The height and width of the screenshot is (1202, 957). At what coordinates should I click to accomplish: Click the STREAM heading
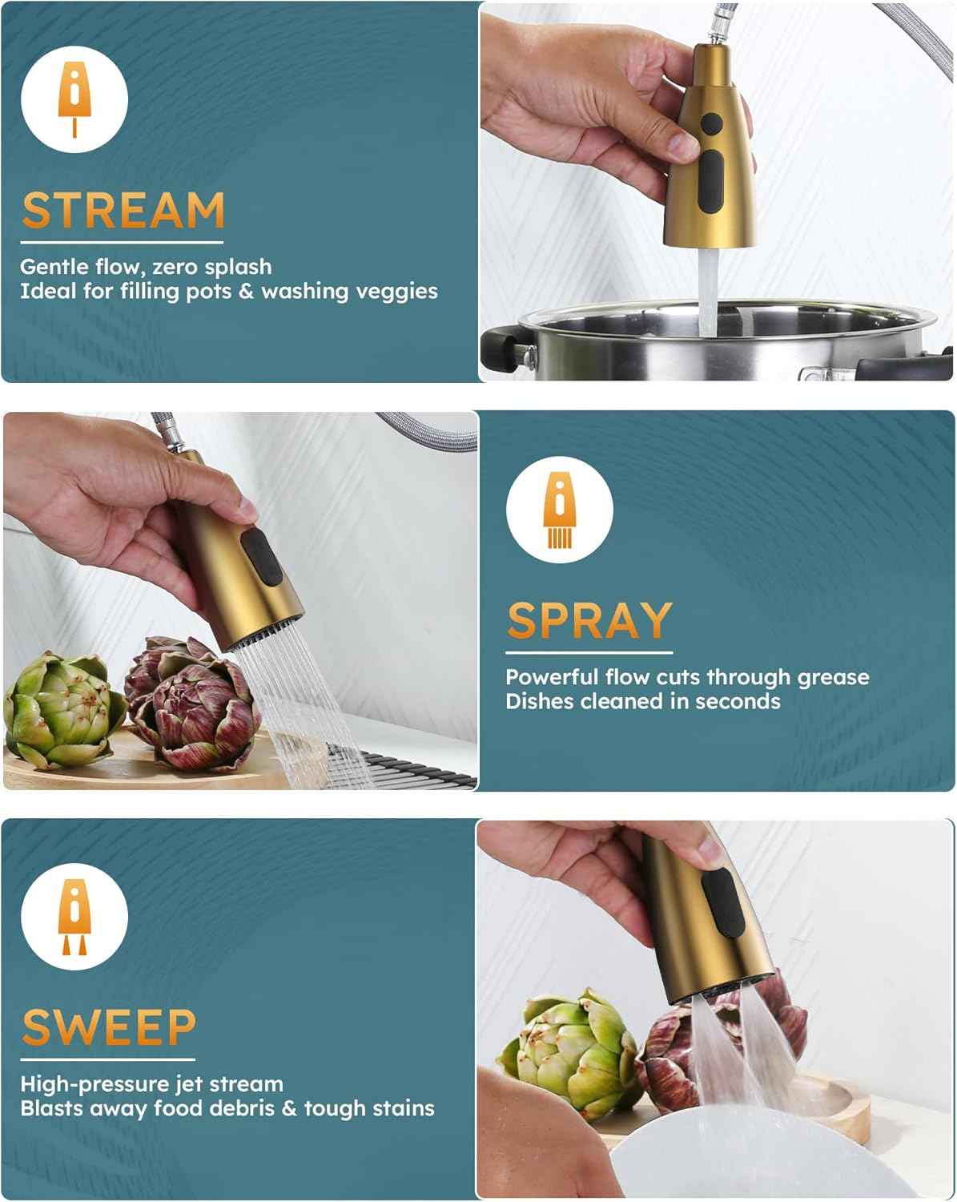tap(123, 210)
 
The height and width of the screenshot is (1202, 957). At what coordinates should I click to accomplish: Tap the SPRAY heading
tap(589, 620)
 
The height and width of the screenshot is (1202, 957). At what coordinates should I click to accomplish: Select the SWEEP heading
tap(109, 1027)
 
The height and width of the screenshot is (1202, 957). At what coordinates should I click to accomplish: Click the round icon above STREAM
tap(74, 99)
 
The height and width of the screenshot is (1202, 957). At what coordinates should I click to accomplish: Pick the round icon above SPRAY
tap(559, 510)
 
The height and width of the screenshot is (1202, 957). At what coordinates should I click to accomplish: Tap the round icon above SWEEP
tap(74, 917)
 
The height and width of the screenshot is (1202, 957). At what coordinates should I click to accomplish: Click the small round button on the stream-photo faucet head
tap(711, 125)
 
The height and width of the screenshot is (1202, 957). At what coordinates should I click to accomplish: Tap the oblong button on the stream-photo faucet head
tap(710, 181)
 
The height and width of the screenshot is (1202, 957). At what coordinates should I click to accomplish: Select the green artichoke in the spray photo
tap(60, 709)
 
